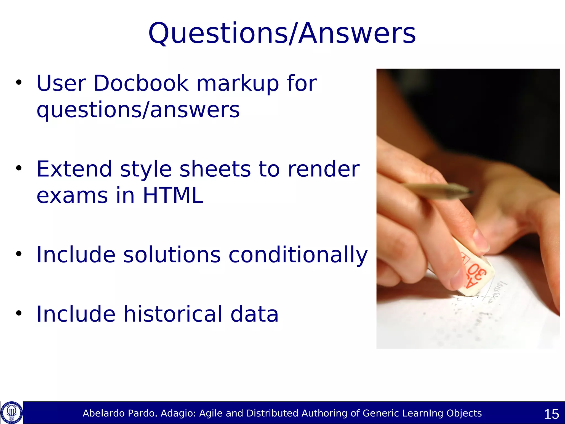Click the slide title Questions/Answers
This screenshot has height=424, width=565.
(x=282, y=34)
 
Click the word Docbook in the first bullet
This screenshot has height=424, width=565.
(x=141, y=83)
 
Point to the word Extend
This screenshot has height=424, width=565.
(x=74, y=169)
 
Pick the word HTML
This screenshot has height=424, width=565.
(x=173, y=195)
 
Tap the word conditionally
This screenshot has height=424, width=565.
(x=298, y=255)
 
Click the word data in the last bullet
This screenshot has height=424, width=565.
(x=254, y=314)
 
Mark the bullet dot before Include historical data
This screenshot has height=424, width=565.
(x=18, y=313)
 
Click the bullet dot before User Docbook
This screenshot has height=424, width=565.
(x=18, y=82)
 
